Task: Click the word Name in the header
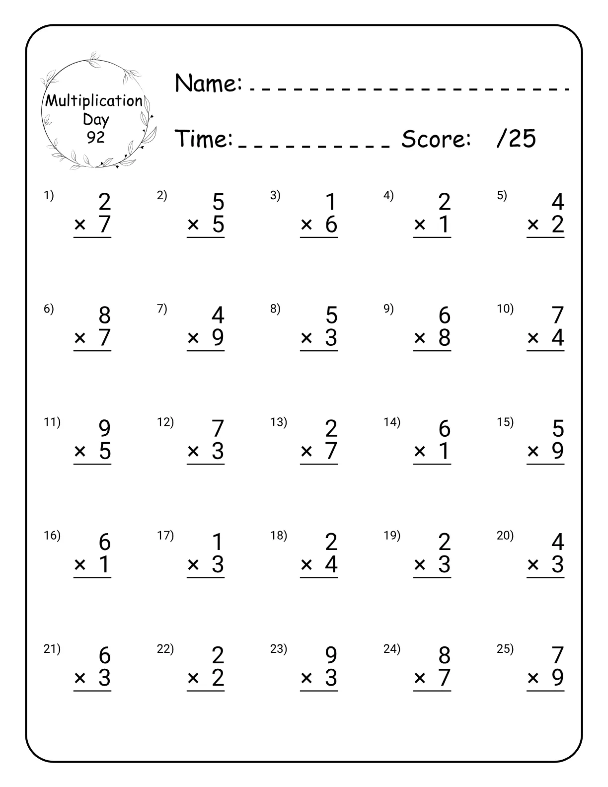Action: [x=208, y=83]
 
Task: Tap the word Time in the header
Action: [x=204, y=139]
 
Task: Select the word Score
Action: [x=436, y=139]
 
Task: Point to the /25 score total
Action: [x=516, y=139]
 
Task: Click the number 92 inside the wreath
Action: [x=95, y=137]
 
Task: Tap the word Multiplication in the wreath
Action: [x=94, y=101]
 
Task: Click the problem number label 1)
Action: [x=48, y=196]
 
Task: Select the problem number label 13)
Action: [x=278, y=422]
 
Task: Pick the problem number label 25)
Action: [x=505, y=649]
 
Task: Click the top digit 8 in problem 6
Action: [x=104, y=315]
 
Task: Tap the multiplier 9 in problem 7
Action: [x=218, y=338]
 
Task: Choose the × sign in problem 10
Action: [x=533, y=338]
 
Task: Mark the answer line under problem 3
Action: [x=319, y=238]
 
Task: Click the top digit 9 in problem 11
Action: [x=104, y=429]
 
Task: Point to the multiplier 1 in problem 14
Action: [x=445, y=451]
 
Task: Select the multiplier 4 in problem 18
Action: [x=331, y=564]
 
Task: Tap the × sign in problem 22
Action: [x=193, y=678]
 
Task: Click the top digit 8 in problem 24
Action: [x=444, y=655]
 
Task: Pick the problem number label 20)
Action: [x=505, y=536]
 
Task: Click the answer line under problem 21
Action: [x=92, y=691]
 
